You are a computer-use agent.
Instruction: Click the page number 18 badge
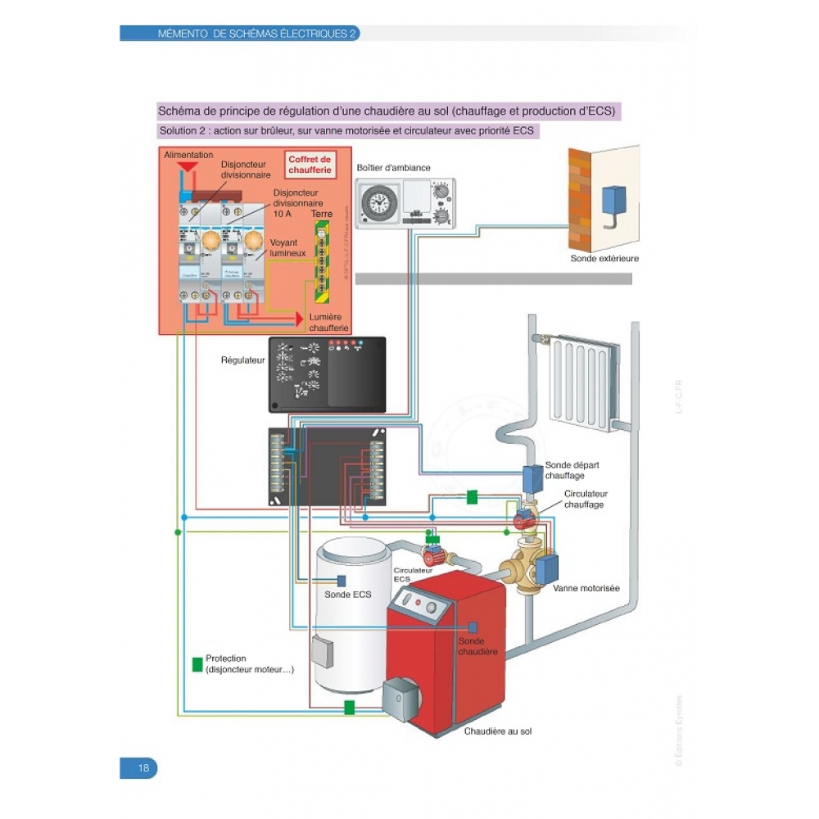click(x=138, y=768)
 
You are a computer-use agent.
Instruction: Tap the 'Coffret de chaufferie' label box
click(x=310, y=165)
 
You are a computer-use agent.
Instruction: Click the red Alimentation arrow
click(x=188, y=166)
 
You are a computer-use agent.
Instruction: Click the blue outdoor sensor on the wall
click(x=613, y=199)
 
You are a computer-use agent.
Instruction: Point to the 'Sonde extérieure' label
click(x=604, y=258)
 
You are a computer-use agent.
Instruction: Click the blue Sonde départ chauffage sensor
click(x=533, y=477)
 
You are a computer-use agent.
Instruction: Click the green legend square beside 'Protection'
click(x=197, y=664)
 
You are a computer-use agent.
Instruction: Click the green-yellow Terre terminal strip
click(x=322, y=261)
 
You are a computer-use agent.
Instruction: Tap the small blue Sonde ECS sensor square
click(x=342, y=580)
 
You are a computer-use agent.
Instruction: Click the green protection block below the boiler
click(x=350, y=707)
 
